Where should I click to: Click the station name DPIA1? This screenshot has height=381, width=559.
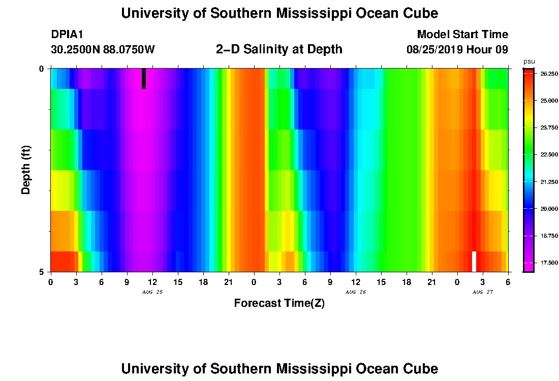pos(67,35)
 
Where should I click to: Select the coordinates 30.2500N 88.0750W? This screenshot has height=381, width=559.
pos(103,50)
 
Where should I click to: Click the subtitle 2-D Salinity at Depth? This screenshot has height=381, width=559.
pos(279,49)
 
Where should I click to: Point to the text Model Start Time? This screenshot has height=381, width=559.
pos(462,35)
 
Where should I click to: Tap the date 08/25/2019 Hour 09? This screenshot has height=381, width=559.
pos(457,50)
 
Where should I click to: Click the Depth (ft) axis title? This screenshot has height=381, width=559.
pos(26,170)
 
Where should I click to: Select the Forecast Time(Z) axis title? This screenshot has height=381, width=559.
pos(279,303)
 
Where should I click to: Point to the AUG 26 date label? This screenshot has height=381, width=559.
pos(356,292)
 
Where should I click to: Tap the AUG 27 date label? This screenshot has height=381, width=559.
pos(483,292)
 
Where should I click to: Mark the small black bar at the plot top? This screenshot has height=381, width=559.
pos(144,78)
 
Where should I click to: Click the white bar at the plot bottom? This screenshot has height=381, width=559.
pos(474,261)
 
